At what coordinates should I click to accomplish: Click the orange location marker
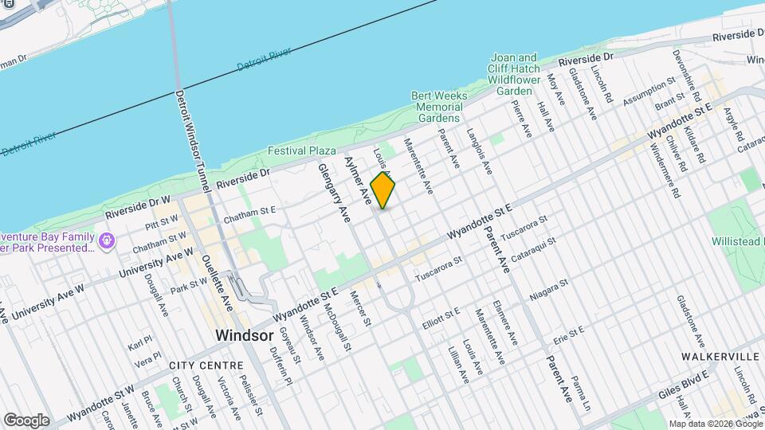click(x=383, y=190)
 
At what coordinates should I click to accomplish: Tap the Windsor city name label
click(x=245, y=336)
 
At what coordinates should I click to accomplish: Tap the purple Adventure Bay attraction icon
click(x=107, y=238)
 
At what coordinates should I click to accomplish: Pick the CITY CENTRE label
click(x=206, y=365)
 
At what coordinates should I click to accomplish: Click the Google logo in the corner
click(x=25, y=420)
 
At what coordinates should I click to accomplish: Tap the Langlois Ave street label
click(x=480, y=151)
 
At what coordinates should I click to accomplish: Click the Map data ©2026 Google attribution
click(x=714, y=424)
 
